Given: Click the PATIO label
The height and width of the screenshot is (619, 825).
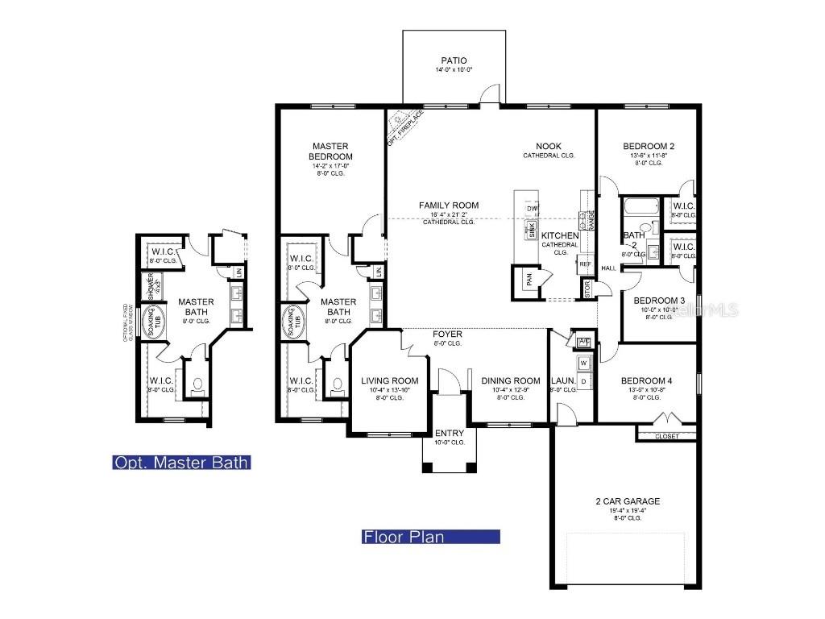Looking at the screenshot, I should (x=454, y=60).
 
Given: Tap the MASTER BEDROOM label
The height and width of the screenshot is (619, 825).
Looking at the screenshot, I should (x=331, y=151).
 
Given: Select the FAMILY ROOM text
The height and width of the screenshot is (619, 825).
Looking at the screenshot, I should (x=448, y=206).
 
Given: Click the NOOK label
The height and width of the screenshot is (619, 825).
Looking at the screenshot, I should (x=548, y=146).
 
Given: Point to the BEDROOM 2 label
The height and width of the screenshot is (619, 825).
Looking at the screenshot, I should (x=649, y=146).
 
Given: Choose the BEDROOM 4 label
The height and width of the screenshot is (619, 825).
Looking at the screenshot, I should (x=646, y=380).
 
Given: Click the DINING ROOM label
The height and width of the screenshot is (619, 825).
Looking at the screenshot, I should (x=510, y=380).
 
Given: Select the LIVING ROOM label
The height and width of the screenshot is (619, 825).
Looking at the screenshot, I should (x=389, y=380).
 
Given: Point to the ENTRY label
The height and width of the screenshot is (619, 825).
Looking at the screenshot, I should (x=449, y=433).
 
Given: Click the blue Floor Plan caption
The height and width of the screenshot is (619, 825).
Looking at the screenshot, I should (x=431, y=537).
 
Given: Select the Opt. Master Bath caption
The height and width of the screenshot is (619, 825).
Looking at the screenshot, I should (x=181, y=463).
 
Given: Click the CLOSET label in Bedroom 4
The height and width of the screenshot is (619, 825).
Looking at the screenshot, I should (x=665, y=436).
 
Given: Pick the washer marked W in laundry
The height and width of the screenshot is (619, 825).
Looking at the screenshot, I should (x=583, y=364).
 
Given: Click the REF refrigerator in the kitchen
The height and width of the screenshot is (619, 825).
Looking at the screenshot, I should (x=585, y=264).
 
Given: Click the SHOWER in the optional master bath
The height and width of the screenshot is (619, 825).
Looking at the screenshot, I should (x=149, y=285).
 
